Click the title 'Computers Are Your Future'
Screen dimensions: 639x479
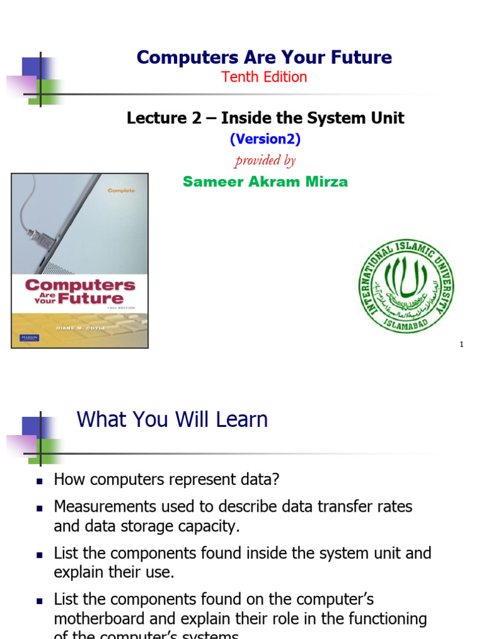coord(264,57)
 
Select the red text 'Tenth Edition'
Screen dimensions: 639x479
coord(264,77)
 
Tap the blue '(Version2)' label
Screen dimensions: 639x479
coord(265,140)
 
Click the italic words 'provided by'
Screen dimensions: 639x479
coord(265,160)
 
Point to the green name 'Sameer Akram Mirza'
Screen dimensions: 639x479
coord(265,182)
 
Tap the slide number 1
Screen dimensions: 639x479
coord(462,344)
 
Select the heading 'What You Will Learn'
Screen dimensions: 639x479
coord(172,419)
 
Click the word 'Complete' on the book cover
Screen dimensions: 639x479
coord(120,190)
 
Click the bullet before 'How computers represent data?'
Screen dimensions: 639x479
coord(39,481)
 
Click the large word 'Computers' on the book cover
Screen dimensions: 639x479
coord(80,285)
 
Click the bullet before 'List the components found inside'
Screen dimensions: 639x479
coord(39,554)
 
